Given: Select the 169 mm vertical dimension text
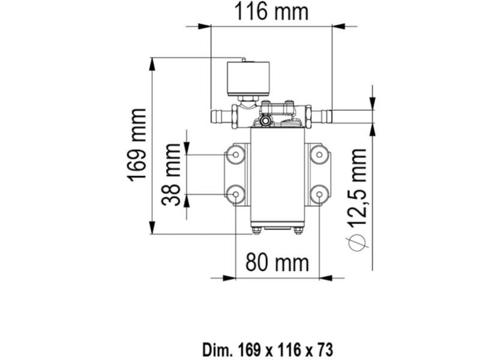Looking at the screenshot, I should pyautogui.click(x=137, y=145).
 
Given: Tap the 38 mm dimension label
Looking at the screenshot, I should pyautogui.click(x=172, y=174).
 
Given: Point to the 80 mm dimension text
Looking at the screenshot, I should pyautogui.click(x=277, y=262).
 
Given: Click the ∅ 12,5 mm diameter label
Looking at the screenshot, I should pyautogui.click(x=359, y=198).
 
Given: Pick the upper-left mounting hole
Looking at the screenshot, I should pyautogui.click(x=235, y=155).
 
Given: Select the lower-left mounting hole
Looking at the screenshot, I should pyautogui.click(x=235, y=194).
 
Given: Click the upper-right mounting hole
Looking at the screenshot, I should pyautogui.click(x=319, y=155).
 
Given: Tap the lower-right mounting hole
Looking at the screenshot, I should pyautogui.click(x=319, y=194).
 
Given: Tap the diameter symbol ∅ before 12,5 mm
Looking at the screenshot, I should pyautogui.click(x=358, y=241).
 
